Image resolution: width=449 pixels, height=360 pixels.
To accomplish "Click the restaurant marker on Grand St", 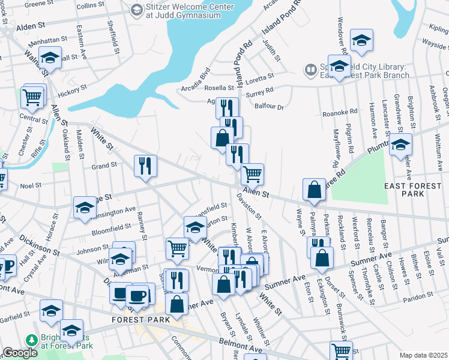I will (x=145, y=165).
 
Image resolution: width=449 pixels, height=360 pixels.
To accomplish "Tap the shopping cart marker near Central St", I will (x=32, y=97).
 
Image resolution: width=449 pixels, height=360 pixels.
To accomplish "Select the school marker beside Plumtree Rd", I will (x=400, y=145).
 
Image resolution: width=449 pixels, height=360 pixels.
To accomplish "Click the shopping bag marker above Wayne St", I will (x=314, y=189).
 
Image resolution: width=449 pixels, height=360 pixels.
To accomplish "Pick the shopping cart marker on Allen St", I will (x=253, y=174).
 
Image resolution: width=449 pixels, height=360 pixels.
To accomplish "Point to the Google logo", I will (x=20, y=353).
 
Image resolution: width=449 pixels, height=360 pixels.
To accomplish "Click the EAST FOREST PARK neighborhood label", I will (x=413, y=191).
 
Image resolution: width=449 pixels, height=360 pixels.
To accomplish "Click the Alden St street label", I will (x=31, y=27).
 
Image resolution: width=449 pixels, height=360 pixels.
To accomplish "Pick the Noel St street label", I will (x=30, y=186).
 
